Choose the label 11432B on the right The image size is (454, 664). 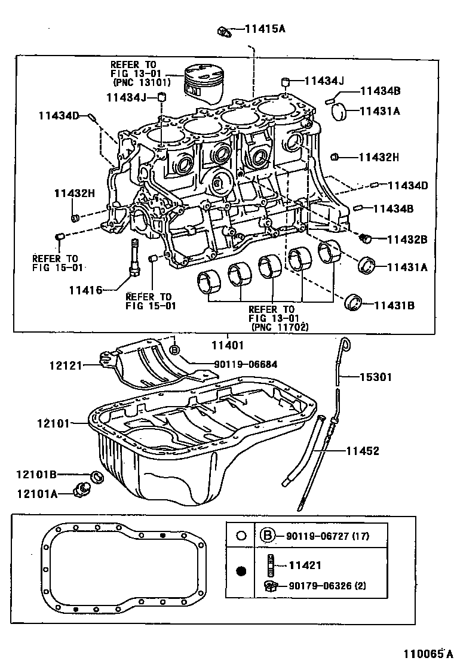tap(407, 239)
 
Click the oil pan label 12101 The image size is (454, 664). tap(53, 423)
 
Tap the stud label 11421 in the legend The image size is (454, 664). tap(305, 565)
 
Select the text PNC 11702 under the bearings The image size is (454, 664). tap(280, 327)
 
